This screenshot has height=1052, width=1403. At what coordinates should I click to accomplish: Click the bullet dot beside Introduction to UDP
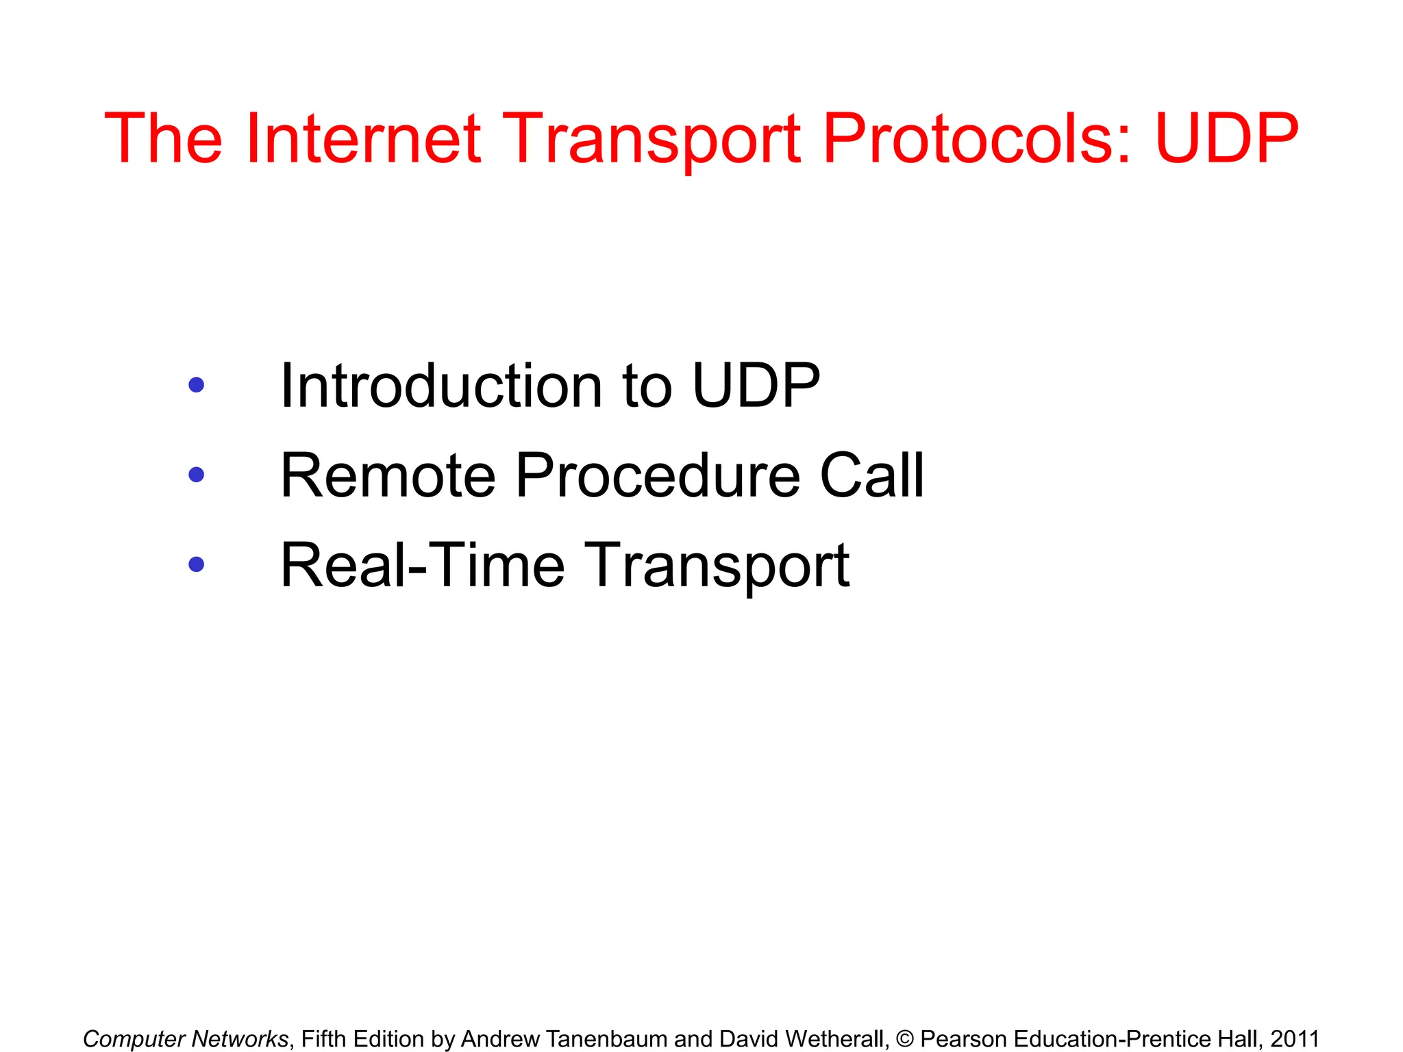click(x=196, y=385)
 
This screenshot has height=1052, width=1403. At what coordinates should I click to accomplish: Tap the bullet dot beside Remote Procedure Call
click(x=196, y=475)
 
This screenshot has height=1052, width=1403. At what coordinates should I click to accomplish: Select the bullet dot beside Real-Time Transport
click(x=196, y=564)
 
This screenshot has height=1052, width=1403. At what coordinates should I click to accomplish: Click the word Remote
click(x=388, y=475)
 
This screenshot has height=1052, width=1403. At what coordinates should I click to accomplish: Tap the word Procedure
click(x=658, y=475)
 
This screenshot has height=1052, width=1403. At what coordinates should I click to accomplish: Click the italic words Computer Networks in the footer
click(x=186, y=1039)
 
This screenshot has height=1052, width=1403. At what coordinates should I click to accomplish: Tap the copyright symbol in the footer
click(x=904, y=1039)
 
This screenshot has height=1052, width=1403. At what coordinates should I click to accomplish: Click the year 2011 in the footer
click(x=1295, y=1039)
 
